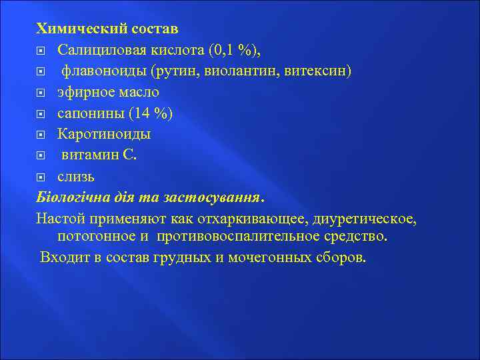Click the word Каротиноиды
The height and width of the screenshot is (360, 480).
[104, 135]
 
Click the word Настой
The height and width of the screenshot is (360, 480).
[58, 219]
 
